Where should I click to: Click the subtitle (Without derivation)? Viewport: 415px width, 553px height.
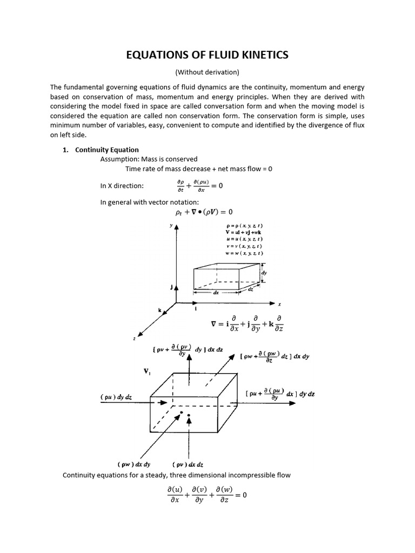(207, 72)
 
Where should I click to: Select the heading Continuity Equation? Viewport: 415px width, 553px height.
(107, 150)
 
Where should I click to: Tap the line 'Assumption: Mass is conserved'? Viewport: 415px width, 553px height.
(149, 159)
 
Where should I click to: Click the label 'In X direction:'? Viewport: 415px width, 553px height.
(122, 186)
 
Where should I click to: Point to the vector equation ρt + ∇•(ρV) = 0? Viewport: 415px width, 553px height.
(200, 212)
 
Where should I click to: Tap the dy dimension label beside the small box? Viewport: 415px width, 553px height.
(264, 273)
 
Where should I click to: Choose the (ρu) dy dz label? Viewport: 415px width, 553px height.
(116, 397)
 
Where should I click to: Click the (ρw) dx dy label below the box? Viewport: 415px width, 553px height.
(134, 464)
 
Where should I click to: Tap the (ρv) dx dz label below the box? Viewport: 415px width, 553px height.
(188, 464)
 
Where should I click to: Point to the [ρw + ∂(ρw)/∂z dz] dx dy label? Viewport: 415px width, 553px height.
(275, 357)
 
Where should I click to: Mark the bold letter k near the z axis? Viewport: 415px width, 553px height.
(159, 311)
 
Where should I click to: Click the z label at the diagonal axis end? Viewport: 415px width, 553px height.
(133, 338)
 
